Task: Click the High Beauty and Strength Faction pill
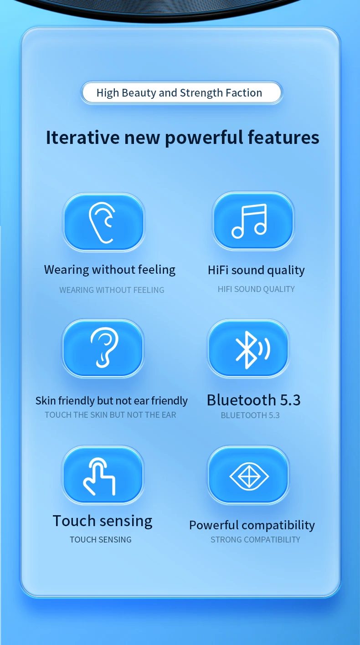point(181,93)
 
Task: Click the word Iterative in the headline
point(82,138)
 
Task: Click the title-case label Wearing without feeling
point(110,270)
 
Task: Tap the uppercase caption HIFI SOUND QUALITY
point(256,289)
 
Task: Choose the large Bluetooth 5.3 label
point(254,400)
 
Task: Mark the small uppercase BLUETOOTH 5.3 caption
point(250,415)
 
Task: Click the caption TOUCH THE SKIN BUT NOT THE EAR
point(110,415)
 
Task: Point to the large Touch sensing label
point(103,521)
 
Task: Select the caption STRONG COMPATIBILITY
point(255,540)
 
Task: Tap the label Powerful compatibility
point(252,526)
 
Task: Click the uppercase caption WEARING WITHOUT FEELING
point(112,290)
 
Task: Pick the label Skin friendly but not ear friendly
point(112,400)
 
